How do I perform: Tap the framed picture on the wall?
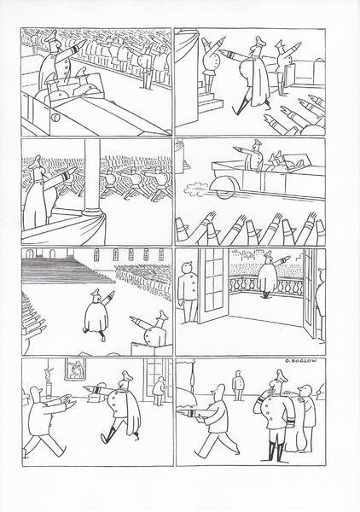point(75,369)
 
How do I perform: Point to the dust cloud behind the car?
point(195,189)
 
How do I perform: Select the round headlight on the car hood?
point(55,117)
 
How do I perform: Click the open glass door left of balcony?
point(212,286)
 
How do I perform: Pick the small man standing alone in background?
point(238,386)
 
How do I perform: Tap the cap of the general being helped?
point(282,375)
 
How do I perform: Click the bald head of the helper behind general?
point(305,391)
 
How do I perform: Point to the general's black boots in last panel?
point(276,451)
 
